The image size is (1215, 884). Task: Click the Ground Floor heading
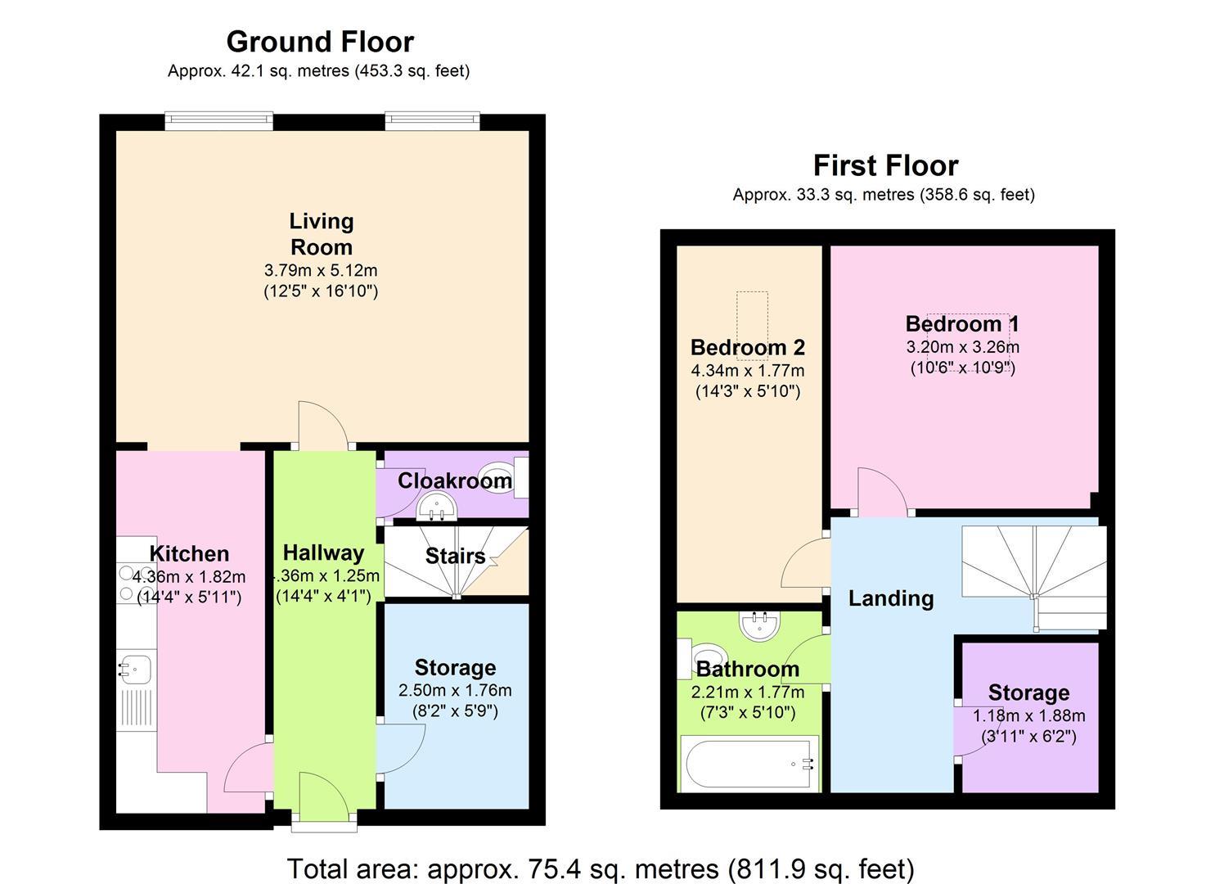pos(320,42)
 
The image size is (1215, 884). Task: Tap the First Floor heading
pos(885,165)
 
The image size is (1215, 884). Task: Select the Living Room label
pos(321,233)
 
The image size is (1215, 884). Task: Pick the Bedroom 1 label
pos(962,324)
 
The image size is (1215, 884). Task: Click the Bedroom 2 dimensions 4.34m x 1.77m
pos(748,371)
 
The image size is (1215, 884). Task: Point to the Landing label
pos(891,598)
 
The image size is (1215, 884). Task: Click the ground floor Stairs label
pos(455,557)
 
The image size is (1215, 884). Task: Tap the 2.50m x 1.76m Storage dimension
pos(455,690)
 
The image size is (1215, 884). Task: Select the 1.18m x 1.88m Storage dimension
pos(1028,715)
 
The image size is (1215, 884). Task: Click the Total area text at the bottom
pos(601,868)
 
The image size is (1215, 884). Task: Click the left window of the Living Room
pos(218,120)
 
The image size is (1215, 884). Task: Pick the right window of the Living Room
pos(431,120)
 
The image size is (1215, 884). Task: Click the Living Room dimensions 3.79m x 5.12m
pos(321,270)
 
